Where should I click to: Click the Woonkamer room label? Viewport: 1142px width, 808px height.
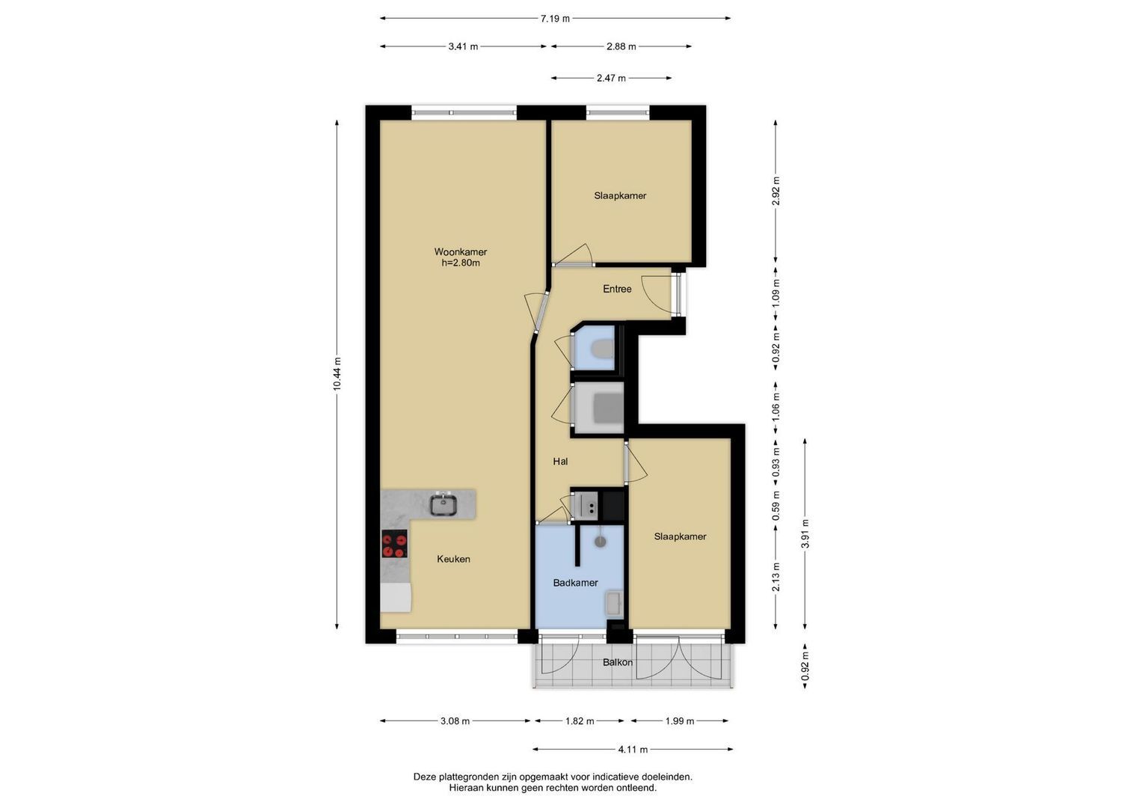461,251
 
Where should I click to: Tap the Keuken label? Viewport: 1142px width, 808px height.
453,559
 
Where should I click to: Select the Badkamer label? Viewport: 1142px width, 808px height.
576,583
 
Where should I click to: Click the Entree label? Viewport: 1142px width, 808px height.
617,289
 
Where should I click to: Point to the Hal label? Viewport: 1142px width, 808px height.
560,461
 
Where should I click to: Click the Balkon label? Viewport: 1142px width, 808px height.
618,662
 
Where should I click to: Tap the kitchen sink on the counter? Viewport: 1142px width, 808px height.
443,504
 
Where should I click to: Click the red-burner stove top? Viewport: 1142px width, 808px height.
395,544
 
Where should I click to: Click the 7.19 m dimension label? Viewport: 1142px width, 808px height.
555,19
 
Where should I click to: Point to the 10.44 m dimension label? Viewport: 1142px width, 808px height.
337,374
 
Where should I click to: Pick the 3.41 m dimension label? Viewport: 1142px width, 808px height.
463,46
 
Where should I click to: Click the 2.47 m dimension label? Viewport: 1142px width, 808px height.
611,78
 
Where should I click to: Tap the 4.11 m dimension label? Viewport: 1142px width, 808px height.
633,750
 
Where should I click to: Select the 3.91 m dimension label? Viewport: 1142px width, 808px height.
805,533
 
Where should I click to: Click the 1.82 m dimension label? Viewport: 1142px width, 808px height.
579,720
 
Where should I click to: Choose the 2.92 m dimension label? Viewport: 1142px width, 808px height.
776,191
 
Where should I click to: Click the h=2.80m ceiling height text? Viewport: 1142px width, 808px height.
461,263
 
